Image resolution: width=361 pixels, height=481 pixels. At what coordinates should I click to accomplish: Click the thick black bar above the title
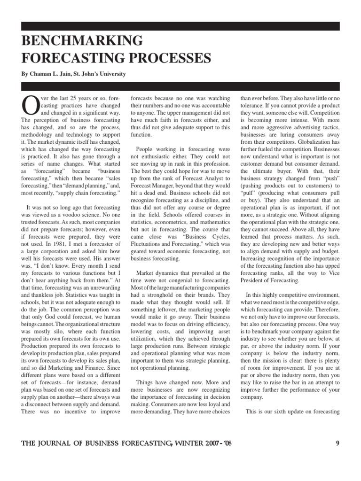tap(180, 26)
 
